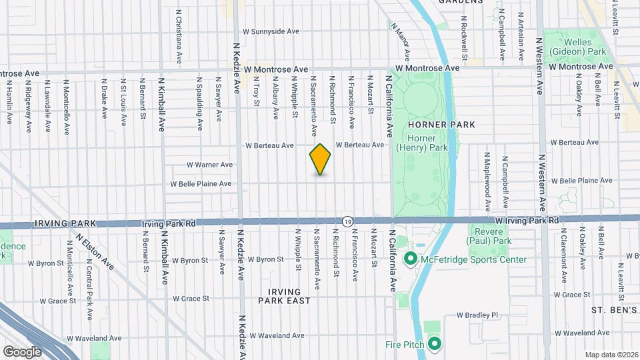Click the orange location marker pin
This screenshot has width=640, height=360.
321,159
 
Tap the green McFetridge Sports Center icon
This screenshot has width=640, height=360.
410,259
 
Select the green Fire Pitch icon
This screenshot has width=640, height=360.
435,344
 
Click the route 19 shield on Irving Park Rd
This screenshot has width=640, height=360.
347,221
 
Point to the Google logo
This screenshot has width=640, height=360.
22,351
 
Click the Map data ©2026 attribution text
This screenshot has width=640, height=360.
611,354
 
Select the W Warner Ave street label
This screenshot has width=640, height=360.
209,165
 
